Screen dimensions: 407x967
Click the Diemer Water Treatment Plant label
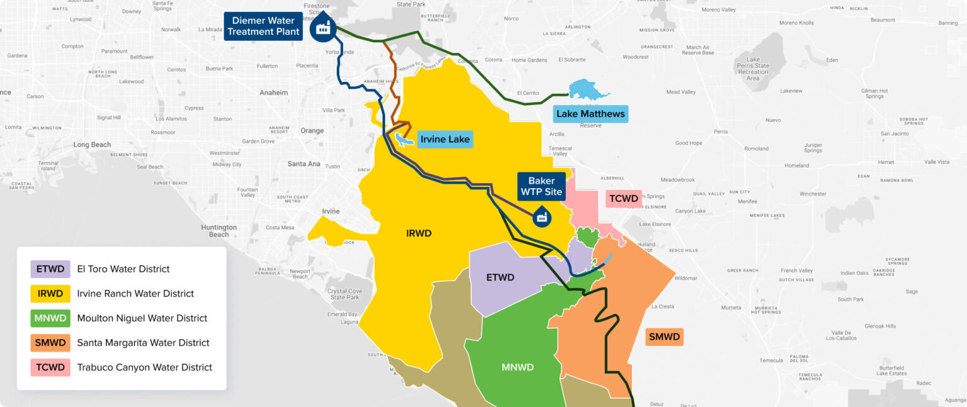(263, 26)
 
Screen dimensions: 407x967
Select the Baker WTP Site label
(541, 186)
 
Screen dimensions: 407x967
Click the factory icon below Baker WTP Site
(542, 216)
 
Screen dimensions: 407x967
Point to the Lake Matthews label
(590, 114)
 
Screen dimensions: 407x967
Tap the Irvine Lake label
(445, 139)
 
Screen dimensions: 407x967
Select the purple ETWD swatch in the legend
(50, 269)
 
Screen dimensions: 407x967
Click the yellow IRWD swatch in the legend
(50, 294)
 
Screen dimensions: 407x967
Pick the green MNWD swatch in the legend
(50, 318)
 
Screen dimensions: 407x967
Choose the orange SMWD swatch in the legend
(50, 343)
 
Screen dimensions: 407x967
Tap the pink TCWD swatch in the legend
(50, 367)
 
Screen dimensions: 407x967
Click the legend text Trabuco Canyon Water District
(144, 367)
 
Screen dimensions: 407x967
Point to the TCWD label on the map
(623, 199)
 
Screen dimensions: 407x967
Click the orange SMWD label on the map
(664, 337)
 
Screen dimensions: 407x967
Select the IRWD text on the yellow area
(419, 233)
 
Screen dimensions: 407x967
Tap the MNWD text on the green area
(517, 367)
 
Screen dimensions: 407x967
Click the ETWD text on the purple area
(500, 277)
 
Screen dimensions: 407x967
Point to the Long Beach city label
(92, 145)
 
